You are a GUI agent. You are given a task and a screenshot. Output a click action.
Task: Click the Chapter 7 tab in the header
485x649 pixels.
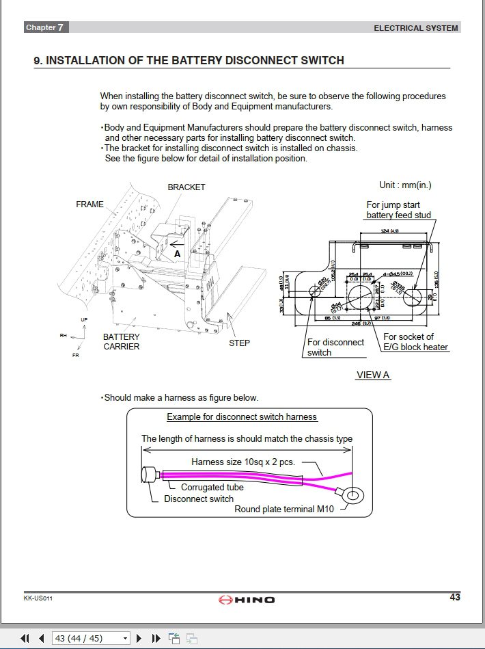coord(46,27)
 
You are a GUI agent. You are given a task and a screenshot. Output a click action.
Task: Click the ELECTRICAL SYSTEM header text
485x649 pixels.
coord(416,28)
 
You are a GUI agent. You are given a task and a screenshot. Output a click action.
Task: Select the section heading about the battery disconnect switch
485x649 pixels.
coord(189,60)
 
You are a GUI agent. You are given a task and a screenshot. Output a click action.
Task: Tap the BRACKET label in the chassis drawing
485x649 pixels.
coord(186,187)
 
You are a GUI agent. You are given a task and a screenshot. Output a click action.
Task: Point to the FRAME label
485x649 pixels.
coord(89,204)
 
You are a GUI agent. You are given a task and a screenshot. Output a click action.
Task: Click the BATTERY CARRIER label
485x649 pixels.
coord(122,341)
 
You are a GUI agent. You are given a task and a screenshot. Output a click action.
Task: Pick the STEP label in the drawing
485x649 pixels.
coord(239,343)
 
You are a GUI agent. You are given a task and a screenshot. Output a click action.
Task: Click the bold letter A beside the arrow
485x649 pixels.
coord(177,253)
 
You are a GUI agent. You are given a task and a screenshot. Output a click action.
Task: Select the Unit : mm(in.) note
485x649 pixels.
coord(405,185)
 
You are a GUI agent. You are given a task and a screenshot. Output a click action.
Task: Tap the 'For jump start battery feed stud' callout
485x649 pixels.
coord(398,210)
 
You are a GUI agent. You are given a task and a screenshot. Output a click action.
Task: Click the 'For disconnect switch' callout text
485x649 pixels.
coord(335,347)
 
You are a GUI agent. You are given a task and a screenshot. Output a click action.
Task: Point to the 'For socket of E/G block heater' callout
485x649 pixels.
coord(415,342)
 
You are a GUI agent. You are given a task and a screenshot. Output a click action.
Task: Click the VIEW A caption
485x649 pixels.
coord(373,375)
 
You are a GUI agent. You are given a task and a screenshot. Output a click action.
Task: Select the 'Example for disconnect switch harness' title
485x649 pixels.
coord(242,416)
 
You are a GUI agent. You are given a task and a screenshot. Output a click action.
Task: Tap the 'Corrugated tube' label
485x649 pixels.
coord(212,488)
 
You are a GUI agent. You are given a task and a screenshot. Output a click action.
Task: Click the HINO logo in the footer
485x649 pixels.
coord(247,600)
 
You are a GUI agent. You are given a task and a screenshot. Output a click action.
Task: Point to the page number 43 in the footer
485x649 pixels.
coord(454,597)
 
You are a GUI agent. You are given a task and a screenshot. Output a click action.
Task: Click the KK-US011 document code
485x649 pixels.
coord(38,598)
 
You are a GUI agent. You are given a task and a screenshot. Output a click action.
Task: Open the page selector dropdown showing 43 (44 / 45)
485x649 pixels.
coord(91,638)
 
